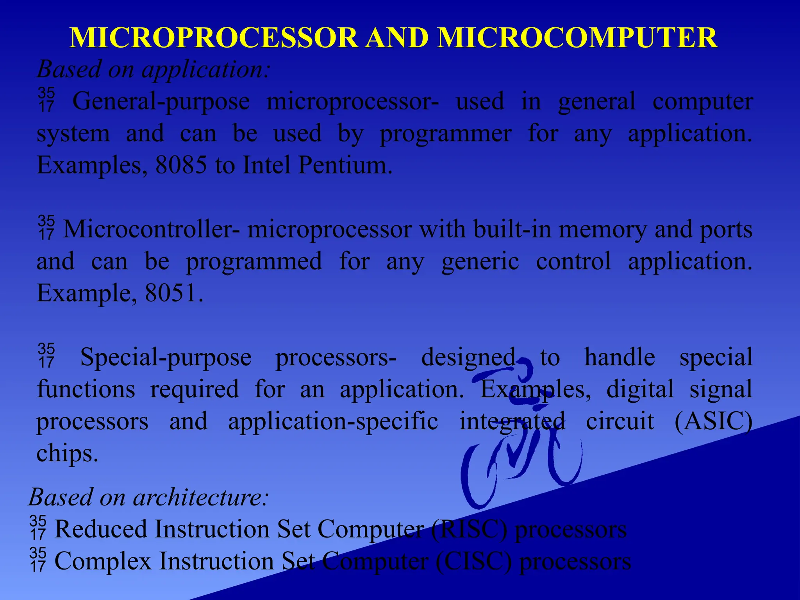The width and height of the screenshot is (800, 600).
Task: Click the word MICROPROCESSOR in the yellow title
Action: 213,38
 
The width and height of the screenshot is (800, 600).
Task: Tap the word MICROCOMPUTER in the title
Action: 577,38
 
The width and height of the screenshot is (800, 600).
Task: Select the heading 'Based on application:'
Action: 153,69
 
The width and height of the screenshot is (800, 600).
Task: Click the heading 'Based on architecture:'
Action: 149,497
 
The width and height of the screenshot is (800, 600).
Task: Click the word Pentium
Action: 345,165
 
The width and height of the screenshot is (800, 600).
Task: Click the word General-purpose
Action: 161,102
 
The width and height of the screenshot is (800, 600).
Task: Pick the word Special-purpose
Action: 166,357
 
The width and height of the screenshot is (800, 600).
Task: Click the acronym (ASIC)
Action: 713,421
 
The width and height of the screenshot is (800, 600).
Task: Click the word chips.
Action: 67,454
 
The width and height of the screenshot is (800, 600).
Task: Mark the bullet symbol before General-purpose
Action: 46,100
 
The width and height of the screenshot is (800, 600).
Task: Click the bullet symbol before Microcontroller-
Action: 46,227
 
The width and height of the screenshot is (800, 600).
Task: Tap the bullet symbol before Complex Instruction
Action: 37,559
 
